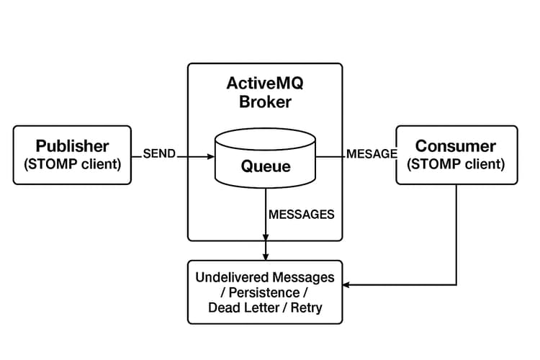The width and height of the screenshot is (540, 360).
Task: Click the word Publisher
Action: pos(73,145)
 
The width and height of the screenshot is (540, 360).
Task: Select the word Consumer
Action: pos(456,145)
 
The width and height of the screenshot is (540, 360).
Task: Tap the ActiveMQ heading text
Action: pos(265,83)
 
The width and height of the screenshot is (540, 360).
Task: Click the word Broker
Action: pos(265,102)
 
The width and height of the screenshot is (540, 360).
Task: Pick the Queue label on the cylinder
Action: pos(266,167)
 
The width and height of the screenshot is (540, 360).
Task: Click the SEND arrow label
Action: pos(159,154)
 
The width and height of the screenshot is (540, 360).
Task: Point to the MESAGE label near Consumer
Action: pos(372,154)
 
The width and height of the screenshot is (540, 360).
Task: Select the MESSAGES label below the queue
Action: pos(301,215)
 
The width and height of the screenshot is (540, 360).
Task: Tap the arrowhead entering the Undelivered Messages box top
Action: pos(266,256)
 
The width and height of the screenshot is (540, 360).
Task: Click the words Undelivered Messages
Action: pos(265,277)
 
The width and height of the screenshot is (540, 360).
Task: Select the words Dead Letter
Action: pos(240,309)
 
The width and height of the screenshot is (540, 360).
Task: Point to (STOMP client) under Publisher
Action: pos(73,164)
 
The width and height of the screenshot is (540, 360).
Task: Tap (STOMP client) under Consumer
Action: pos(456,164)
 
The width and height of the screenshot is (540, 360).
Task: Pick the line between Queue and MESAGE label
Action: pos(330,155)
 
